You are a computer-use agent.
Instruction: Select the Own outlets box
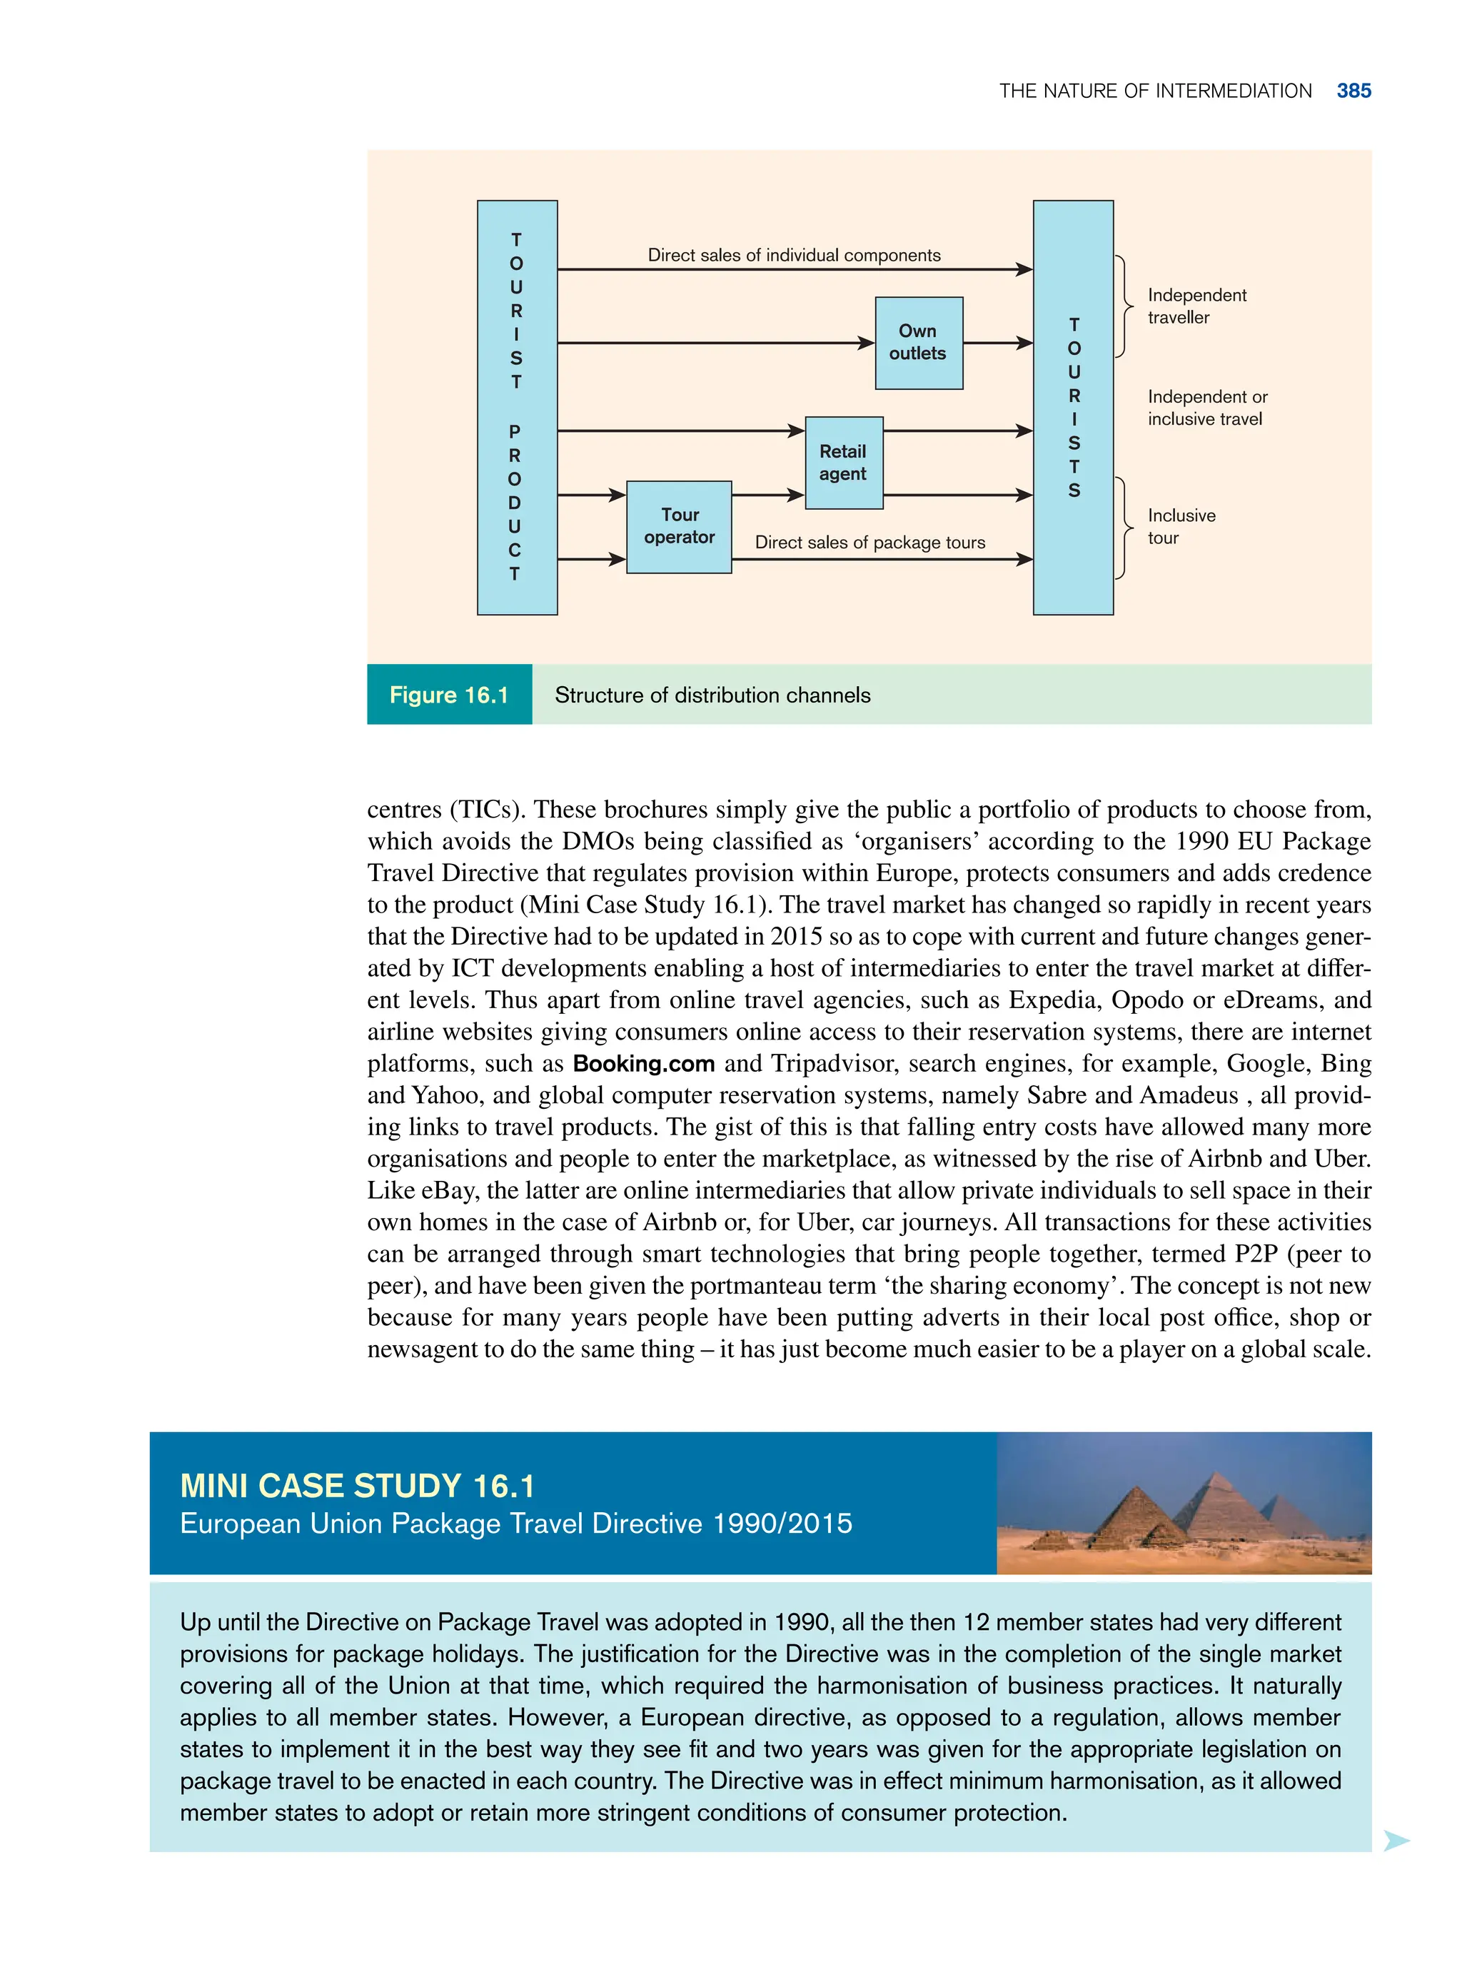(919, 343)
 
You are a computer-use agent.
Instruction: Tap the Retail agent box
(843, 462)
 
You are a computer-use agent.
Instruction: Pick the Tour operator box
(679, 527)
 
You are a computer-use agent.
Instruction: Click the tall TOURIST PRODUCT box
(517, 407)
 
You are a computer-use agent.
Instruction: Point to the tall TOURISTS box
(1073, 407)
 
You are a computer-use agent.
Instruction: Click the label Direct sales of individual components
(794, 255)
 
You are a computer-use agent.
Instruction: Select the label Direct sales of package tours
(869, 543)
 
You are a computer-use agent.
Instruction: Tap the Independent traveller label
(1196, 306)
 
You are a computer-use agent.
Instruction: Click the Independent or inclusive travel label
(1206, 408)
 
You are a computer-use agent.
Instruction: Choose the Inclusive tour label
(1181, 527)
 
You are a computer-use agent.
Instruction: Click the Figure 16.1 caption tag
(449, 695)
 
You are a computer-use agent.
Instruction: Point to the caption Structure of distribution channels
(712, 695)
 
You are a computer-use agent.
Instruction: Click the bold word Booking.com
(643, 1063)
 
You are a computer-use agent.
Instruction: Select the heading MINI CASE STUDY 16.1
(357, 1485)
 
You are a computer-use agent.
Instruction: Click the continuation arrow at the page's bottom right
(1395, 1841)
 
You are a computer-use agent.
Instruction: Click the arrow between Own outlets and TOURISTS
(998, 343)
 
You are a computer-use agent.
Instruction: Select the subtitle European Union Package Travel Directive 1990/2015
(516, 1523)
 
